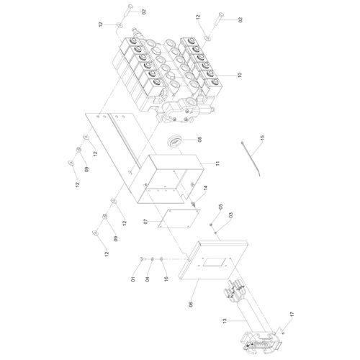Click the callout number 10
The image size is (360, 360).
[x=240, y=75]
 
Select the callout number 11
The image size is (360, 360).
[x=217, y=163]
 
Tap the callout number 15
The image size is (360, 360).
[x=262, y=138]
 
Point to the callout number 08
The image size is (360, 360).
[x=199, y=139]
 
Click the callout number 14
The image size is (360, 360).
[x=206, y=188]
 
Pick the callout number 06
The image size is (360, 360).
[x=191, y=305]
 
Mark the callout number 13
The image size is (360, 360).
[x=225, y=321]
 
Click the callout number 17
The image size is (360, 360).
[x=292, y=314]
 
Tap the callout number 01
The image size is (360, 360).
[x=133, y=279]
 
